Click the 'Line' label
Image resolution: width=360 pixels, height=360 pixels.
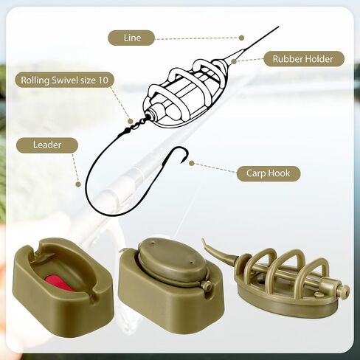[x=131, y=38]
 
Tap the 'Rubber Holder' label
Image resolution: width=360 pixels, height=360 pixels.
[x=303, y=59]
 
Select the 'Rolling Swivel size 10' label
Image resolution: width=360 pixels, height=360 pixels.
[x=64, y=80]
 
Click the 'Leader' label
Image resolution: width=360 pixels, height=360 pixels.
[x=47, y=145]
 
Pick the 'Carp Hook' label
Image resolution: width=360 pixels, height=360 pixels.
[x=269, y=173]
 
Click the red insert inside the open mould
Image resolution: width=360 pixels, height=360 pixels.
[x=60, y=283]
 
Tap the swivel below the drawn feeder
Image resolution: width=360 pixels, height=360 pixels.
[x=135, y=125]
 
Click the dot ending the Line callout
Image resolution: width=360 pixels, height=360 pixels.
[x=241, y=38]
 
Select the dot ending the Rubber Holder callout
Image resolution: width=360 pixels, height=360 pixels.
[x=234, y=61]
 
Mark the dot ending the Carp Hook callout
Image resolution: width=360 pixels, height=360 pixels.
[x=192, y=163]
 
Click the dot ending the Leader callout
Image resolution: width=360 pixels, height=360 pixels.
[x=78, y=184]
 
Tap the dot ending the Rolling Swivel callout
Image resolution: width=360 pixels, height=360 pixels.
[x=131, y=121]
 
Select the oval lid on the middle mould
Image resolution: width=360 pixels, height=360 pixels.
[x=172, y=260]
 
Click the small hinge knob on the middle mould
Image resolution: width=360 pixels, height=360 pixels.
[x=206, y=286]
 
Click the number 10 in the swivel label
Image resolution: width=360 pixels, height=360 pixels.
[x=103, y=80]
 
